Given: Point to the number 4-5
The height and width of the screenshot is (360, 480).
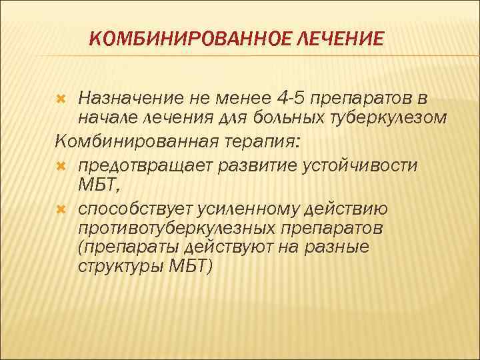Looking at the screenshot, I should [x=294, y=99].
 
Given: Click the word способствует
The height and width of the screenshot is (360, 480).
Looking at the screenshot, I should [x=135, y=209].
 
